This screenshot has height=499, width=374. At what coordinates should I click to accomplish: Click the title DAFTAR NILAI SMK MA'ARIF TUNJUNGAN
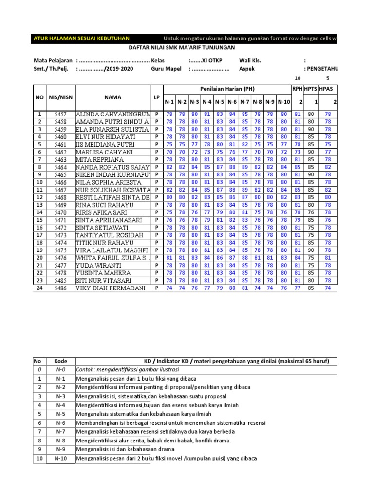[x=181, y=47]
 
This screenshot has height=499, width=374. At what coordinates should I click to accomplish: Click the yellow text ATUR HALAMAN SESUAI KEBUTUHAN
[x=81, y=38]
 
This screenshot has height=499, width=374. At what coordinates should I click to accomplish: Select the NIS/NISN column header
[x=60, y=97]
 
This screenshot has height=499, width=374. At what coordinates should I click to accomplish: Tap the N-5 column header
[x=220, y=102]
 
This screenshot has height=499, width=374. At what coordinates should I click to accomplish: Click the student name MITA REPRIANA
[x=100, y=159]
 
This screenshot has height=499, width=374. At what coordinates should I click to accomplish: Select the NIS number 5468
[x=60, y=197]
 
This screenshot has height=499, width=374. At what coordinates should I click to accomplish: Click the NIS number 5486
[x=60, y=288]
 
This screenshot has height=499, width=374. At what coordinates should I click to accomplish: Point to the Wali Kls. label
[x=250, y=60]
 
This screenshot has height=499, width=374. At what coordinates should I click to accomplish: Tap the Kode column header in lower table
[x=60, y=361]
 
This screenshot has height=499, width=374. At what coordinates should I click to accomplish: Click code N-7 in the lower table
[x=60, y=431]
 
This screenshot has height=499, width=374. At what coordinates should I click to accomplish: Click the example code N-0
[x=60, y=369]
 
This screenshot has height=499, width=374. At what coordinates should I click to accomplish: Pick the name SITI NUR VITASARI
[x=104, y=281]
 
